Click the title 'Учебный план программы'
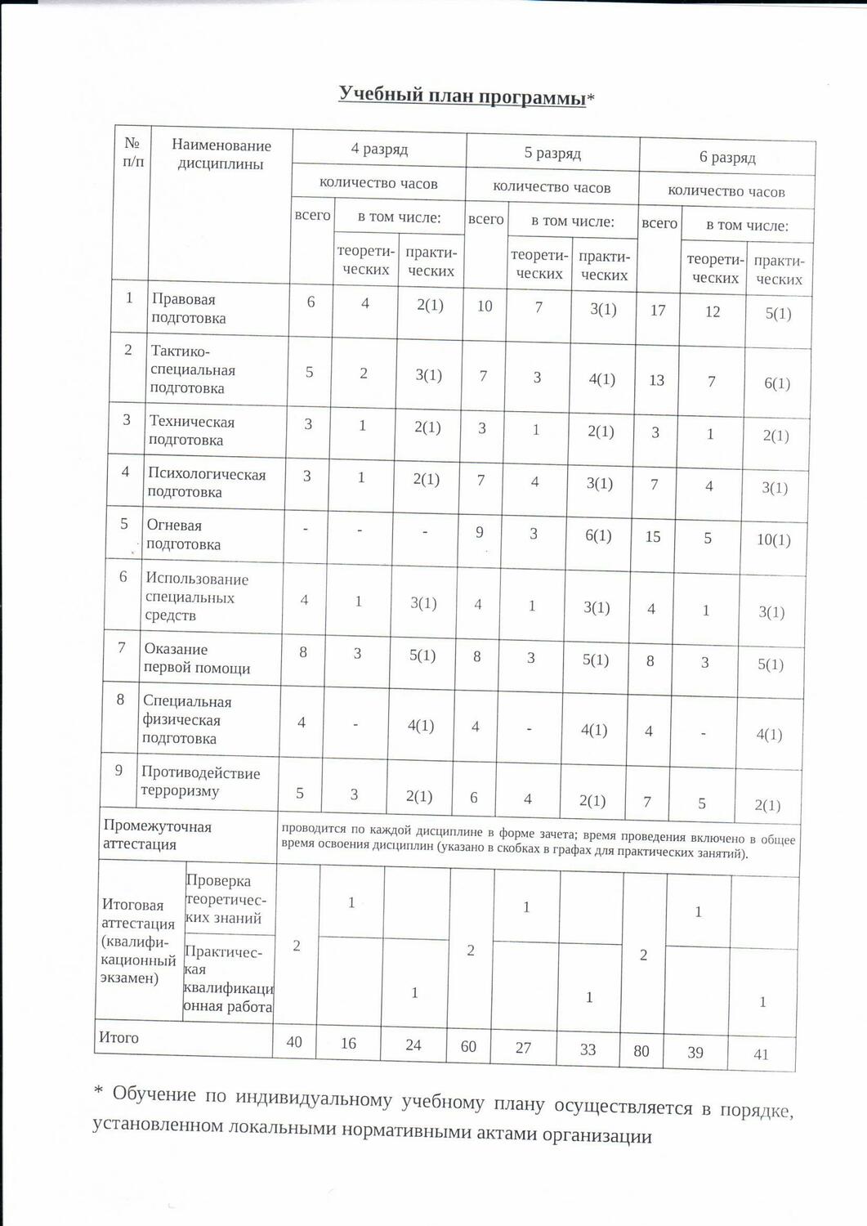pos(463,96)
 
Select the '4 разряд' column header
pos(379,149)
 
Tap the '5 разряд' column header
pos(552,153)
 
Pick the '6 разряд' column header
pos(727,157)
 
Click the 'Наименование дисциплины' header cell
pos(221,154)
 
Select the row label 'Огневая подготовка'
pos(183,535)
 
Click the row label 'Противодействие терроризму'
pos(200,781)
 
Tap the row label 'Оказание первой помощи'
pos(197,659)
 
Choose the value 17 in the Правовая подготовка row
pos(658,311)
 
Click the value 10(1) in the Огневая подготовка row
pos(773,539)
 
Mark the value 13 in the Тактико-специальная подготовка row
pos(656,380)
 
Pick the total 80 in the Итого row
pos(641,1050)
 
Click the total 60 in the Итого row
pos(468,1046)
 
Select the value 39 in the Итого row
pos(695,1053)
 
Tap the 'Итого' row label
pos(119,1037)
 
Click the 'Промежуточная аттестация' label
pos(157,835)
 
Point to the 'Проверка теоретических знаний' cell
pos(224,899)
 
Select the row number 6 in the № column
pos(123,577)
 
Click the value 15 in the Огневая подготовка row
pos(653,537)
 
